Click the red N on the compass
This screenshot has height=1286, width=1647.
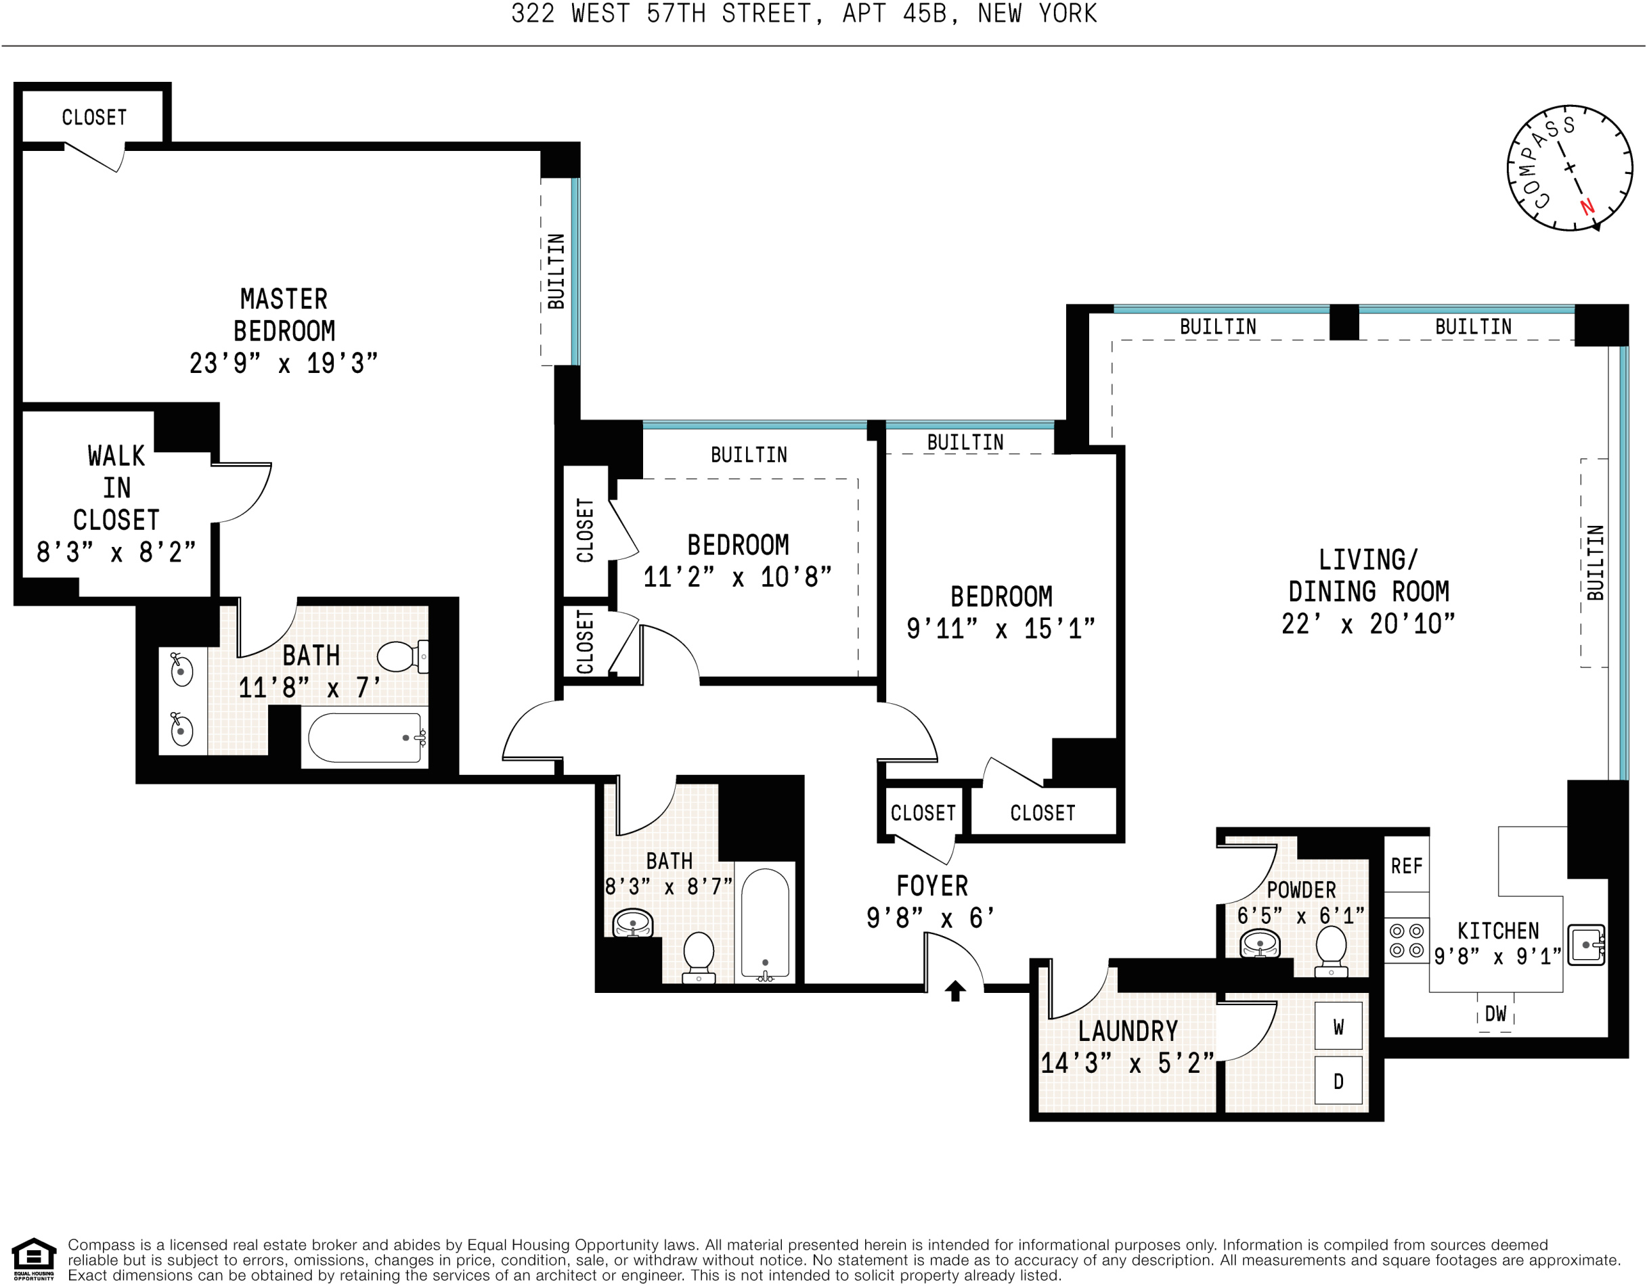tap(1587, 206)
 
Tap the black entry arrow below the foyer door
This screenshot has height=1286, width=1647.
tap(954, 990)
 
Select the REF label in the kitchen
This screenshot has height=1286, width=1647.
tap(1407, 866)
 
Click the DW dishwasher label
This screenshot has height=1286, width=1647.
tap(1495, 1014)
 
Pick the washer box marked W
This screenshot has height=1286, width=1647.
tap(1338, 1027)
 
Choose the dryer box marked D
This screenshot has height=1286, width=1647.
tap(1338, 1082)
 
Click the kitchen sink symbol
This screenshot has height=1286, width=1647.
tap(1585, 944)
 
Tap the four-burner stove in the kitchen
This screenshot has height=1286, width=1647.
tap(1407, 941)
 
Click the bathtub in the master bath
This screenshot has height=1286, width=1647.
tap(365, 738)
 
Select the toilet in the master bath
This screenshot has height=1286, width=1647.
tap(399, 657)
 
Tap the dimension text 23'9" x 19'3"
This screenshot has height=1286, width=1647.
tap(283, 363)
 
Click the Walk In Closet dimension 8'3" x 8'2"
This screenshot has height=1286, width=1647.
tap(116, 552)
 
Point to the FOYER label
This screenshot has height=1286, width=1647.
tap(932, 886)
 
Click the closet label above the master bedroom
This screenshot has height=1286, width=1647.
tap(94, 118)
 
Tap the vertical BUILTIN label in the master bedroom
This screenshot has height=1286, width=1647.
tap(556, 271)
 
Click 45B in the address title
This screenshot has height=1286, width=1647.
tap(924, 14)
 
